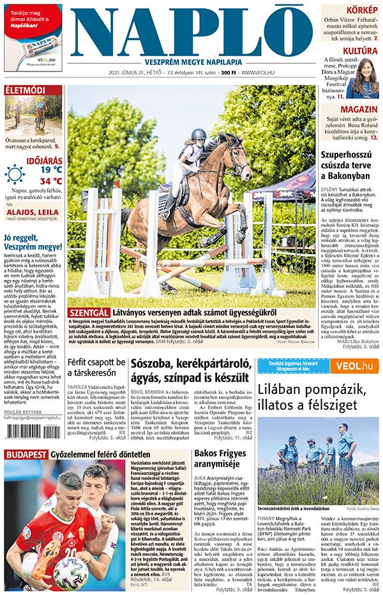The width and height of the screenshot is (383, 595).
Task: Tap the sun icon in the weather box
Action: (14, 174)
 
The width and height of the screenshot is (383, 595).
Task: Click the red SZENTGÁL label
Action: (87, 312)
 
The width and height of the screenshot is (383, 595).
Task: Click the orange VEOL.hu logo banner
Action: (347, 366)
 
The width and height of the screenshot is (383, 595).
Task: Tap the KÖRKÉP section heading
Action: (361, 10)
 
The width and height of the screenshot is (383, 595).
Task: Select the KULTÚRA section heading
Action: (360, 50)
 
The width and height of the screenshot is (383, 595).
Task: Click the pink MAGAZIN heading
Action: (359, 110)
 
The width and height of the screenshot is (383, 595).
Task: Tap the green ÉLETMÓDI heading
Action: (25, 90)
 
